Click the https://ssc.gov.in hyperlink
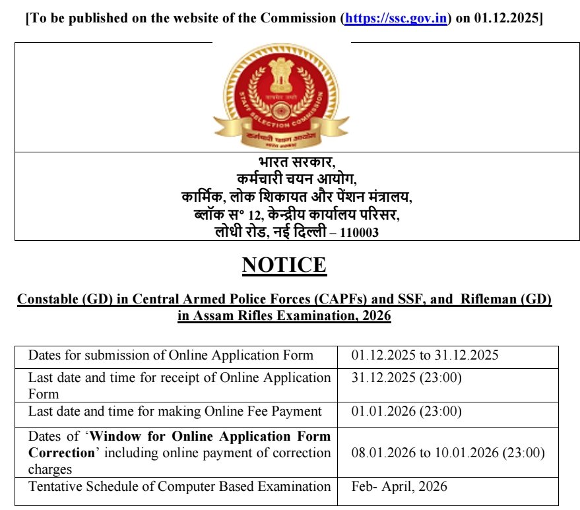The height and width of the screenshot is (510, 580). pyautogui.click(x=395, y=18)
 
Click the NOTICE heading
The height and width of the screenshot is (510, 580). pyautogui.click(x=284, y=265)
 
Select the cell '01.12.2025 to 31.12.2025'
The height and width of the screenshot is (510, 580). pyautogui.click(x=425, y=356)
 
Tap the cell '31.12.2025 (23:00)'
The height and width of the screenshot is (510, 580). pyautogui.click(x=406, y=378)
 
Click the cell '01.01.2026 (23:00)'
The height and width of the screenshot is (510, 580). pyautogui.click(x=406, y=411)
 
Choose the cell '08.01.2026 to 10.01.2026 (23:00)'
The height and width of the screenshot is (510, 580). pyautogui.click(x=449, y=453)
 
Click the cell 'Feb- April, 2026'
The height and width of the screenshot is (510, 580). pyautogui.click(x=399, y=487)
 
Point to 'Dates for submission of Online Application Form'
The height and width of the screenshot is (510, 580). pyautogui.click(x=170, y=356)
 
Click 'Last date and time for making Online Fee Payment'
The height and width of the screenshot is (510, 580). pyautogui.click(x=175, y=411)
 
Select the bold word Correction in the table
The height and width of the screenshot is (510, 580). pyautogui.click(x=61, y=453)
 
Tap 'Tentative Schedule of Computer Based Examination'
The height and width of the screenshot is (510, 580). pyautogui.click(x=179, y=487)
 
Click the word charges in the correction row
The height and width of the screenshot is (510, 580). pyautogui.click(x=50, y=470)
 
